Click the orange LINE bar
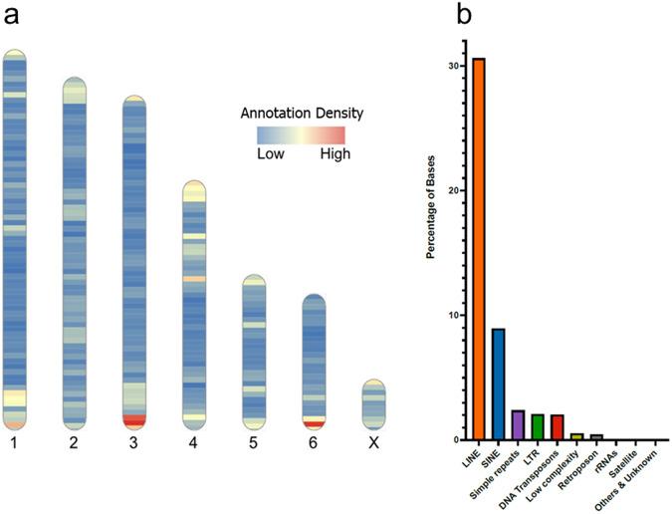click(479, 249)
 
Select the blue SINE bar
click(498, 384)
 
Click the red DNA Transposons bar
click(557, 427)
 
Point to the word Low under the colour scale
click(272, 154)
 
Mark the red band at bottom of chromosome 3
click(134, 420)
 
